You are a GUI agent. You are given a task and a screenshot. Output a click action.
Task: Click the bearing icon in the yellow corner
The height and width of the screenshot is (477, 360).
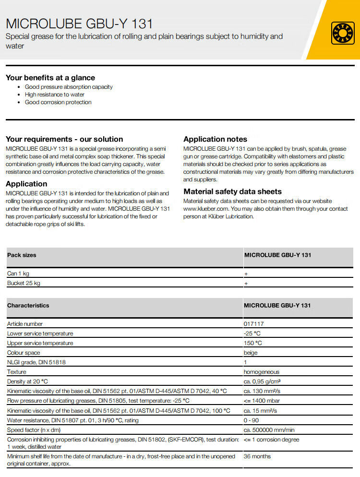pyautogui.click(x=343, y=33)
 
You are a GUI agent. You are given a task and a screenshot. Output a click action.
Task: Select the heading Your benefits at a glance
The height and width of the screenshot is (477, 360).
pyautogui.click(x=50, y=78)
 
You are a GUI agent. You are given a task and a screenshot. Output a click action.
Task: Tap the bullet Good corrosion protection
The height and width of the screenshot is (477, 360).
pyautogui.click(x=58, y=102)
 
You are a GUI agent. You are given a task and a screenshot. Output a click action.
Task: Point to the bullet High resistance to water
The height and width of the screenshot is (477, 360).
pyautogui.click(x=54, y=95)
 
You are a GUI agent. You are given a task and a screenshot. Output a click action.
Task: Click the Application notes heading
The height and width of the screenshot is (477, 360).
pyautogui.click(x=215, y=139)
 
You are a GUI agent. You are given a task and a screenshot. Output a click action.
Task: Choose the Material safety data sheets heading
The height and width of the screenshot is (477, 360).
pyautogui.click(x=232, y=191)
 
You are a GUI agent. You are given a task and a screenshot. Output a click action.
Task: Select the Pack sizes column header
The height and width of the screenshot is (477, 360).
pyautogui.click(x=22, y=255)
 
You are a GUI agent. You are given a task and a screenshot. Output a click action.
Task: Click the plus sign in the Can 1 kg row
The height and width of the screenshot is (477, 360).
pyautogui.click(x=246, y=274)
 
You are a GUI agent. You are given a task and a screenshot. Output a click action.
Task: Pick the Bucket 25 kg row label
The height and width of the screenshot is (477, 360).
pyautogui.click(x=24, y=283)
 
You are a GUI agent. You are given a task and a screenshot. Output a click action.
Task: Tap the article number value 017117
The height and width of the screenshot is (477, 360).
pyautogui.click(x=253, y=324)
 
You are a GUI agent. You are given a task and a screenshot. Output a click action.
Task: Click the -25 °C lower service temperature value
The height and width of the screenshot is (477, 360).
pyautogui.click(x=252, y=334)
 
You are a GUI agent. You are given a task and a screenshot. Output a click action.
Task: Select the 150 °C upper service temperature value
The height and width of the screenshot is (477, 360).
pyautogui.click(x=253, y=343)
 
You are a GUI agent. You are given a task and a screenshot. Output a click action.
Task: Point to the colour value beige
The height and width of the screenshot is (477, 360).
pyautogui.click(x=251, y=353)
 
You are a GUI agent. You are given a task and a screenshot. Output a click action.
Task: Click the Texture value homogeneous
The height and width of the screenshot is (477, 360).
pyautogui.click(x=261, y=372)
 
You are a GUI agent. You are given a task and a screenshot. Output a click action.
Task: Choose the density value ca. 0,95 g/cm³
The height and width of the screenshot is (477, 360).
pyautogui.click(x=262, y=382)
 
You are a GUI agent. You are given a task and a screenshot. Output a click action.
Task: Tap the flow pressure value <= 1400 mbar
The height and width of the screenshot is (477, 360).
pyautogui.click(x=262, y=401)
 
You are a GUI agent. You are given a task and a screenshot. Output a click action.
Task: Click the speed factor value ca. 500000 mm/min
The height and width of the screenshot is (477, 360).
pyautogui.click(x=269, y=430)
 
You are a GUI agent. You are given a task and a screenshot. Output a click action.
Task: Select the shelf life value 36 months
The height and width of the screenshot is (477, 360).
pyautogui.click(x=257, y=456)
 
